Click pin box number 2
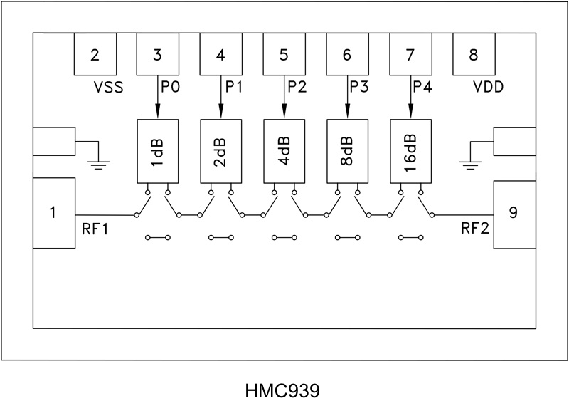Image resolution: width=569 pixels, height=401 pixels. pos(95,54)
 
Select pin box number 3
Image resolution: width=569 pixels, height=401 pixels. pos(158,54)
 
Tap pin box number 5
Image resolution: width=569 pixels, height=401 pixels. pos(284,54)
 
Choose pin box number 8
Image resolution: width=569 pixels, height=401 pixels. pos(474,54)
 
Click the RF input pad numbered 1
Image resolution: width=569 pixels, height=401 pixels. pos(54,213)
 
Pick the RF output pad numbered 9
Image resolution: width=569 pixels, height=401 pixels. pos(514,213)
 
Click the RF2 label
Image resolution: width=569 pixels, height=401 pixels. pos(474,229)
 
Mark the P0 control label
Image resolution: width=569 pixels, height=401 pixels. pos(171,87)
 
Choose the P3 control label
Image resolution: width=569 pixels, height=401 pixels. pos(360,87)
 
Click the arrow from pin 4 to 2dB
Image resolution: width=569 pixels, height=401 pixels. pos(221,96)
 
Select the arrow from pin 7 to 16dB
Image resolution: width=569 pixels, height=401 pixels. pos(410,96)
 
